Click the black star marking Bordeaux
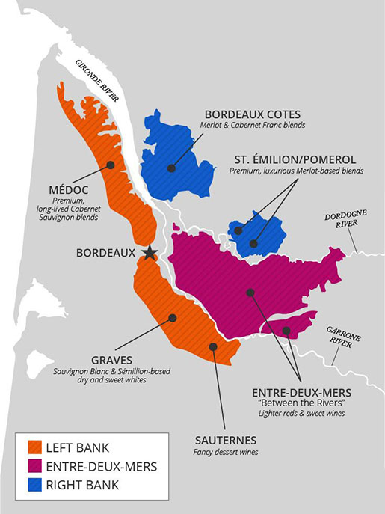click(x=150, y=252)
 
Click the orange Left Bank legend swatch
click(x=34, y=449)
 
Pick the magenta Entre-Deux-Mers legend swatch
click(x=34, y=467)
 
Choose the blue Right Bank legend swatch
click(x=34, y=485)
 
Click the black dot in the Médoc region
click(x=111, y=165)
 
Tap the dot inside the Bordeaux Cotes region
click(x=171, y=168)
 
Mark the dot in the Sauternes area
click(x=213, y=346)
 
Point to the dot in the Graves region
click(x=173, y=318)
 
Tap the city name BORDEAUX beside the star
click(x=105, y=253)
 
